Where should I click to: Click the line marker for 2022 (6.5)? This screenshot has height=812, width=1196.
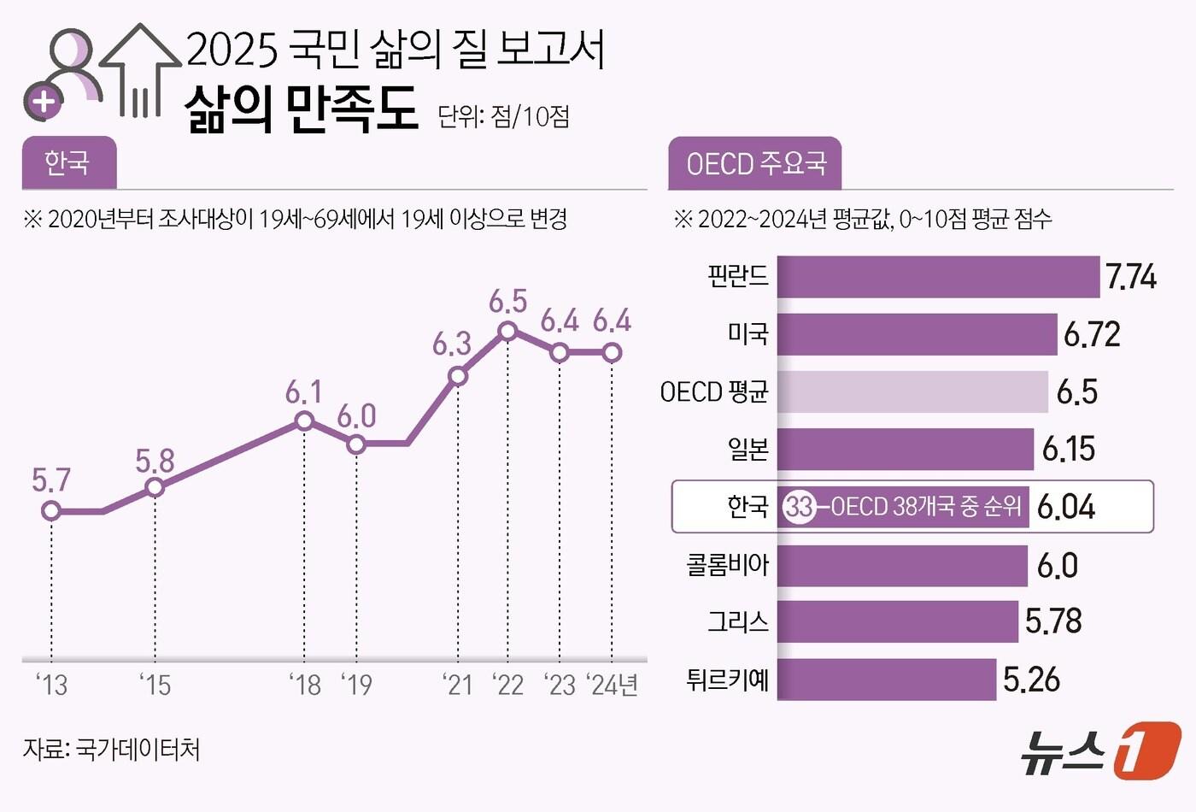(508, 331)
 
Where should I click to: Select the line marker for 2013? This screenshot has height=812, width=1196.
(51, 511)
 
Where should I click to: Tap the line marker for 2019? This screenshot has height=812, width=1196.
(356, 444)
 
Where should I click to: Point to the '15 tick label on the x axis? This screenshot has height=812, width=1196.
(155, 685)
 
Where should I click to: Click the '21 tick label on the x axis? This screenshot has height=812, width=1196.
(458, 685)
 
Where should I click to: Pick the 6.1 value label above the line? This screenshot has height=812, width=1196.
(303, 392)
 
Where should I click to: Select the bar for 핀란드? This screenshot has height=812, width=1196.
(938, 277)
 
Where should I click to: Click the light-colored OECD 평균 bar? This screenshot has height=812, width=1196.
(912, 392)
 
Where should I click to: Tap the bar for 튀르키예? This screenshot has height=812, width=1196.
(887, 680)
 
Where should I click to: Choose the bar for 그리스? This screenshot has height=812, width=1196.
(898, 621)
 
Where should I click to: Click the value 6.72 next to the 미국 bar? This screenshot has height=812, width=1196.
(1092, 334)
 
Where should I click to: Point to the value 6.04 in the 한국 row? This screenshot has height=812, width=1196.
(1066, 507)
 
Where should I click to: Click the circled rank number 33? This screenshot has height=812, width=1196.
(800, 507)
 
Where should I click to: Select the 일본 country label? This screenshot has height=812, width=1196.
(747, 449)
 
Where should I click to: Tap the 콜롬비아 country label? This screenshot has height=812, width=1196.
(728, 565)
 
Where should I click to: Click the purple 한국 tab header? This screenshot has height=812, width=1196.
(68, 162)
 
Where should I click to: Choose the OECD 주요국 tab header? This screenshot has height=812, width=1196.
(755, 163)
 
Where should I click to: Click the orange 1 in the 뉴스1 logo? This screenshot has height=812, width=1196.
(1147, 750)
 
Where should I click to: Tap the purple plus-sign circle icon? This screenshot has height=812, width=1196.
(44, 103)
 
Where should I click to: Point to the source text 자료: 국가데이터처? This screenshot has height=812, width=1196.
(112, 750)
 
